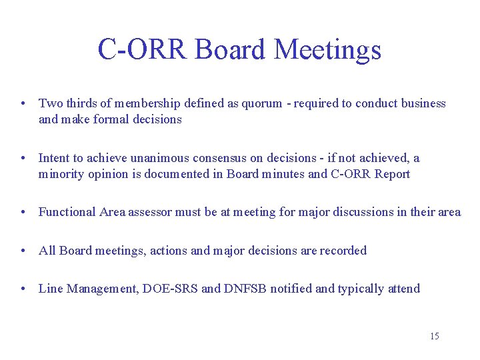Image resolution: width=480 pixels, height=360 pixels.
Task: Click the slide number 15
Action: [434, 336]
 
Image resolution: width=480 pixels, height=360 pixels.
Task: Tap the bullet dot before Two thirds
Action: [23, 104]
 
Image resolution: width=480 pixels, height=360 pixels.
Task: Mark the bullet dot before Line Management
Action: [23, 289]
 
